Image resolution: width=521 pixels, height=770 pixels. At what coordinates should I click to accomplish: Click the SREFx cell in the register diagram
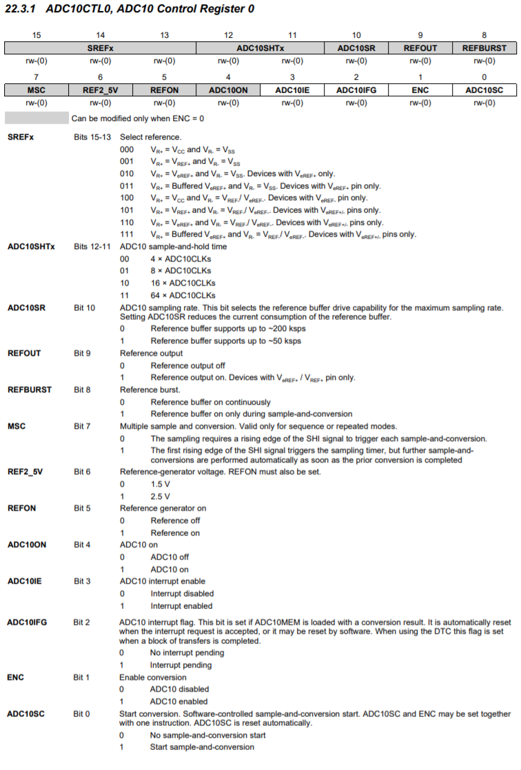click(101, 48)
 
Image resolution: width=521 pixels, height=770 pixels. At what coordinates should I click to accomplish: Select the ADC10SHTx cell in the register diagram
click(260, 48)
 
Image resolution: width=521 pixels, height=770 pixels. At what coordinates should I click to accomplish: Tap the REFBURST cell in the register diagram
click(484, 48)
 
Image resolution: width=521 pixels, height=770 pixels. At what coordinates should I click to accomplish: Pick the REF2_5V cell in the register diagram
click(101, 90)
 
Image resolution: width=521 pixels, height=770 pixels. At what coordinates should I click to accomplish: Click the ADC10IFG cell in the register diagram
click(356, 90)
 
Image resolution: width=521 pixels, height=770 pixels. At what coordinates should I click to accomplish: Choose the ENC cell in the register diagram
click(420, 90)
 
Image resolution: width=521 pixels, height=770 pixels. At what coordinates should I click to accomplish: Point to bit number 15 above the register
click(37, 35)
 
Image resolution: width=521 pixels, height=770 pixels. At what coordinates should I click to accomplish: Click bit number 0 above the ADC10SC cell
click(484, 77)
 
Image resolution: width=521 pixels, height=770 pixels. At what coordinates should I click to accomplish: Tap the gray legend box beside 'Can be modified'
click(37, 118)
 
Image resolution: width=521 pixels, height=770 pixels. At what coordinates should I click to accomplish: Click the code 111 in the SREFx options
click(127, 235)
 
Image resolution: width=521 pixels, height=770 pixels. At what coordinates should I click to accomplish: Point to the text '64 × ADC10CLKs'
click(181, 295)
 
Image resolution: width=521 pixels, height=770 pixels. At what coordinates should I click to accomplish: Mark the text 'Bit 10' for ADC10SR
click(84, 308)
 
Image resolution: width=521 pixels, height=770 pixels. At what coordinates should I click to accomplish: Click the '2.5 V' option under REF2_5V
click(161, 496)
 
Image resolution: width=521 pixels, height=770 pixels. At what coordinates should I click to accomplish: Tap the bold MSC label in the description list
click(17, 427)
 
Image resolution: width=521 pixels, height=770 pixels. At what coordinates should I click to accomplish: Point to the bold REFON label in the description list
click(21, 509)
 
